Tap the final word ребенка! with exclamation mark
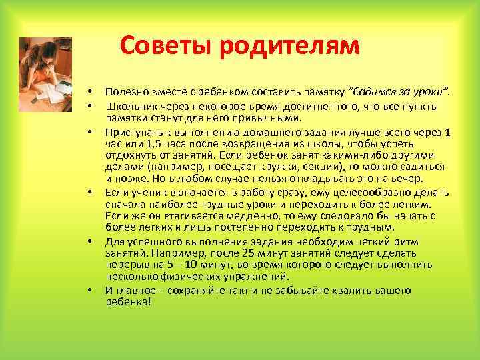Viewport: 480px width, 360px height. click(128, 302)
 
